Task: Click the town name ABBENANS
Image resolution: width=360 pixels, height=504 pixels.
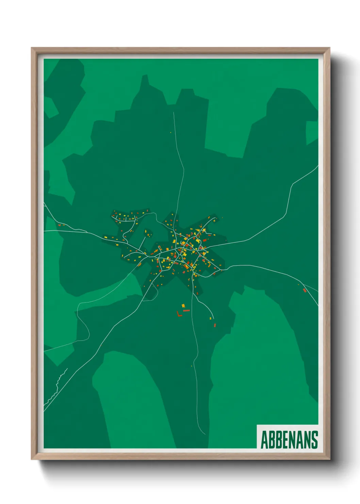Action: tap(289, 440)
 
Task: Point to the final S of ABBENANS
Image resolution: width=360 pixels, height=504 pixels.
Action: tap(314, 440)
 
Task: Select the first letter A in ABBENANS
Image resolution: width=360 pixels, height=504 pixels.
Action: tap(264, 440)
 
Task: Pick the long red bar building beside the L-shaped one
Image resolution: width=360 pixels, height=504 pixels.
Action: tap(186, 311)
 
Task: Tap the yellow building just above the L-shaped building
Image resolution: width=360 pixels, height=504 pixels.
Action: tap(183, 305)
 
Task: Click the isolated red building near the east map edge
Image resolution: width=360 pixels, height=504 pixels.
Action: tap(305, 290)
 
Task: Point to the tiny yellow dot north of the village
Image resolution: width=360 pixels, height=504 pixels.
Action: tap(170, 132)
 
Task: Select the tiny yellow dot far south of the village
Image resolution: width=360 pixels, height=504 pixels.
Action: tap(192, 366)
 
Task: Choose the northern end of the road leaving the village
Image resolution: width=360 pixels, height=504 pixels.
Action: tap(174, 113)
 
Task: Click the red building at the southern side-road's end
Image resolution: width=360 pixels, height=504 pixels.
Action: tap(215, 325)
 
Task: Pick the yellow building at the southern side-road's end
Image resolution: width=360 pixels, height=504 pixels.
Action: tap(211, 318)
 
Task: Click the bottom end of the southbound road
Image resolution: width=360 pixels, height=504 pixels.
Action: tap(205, 434)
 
